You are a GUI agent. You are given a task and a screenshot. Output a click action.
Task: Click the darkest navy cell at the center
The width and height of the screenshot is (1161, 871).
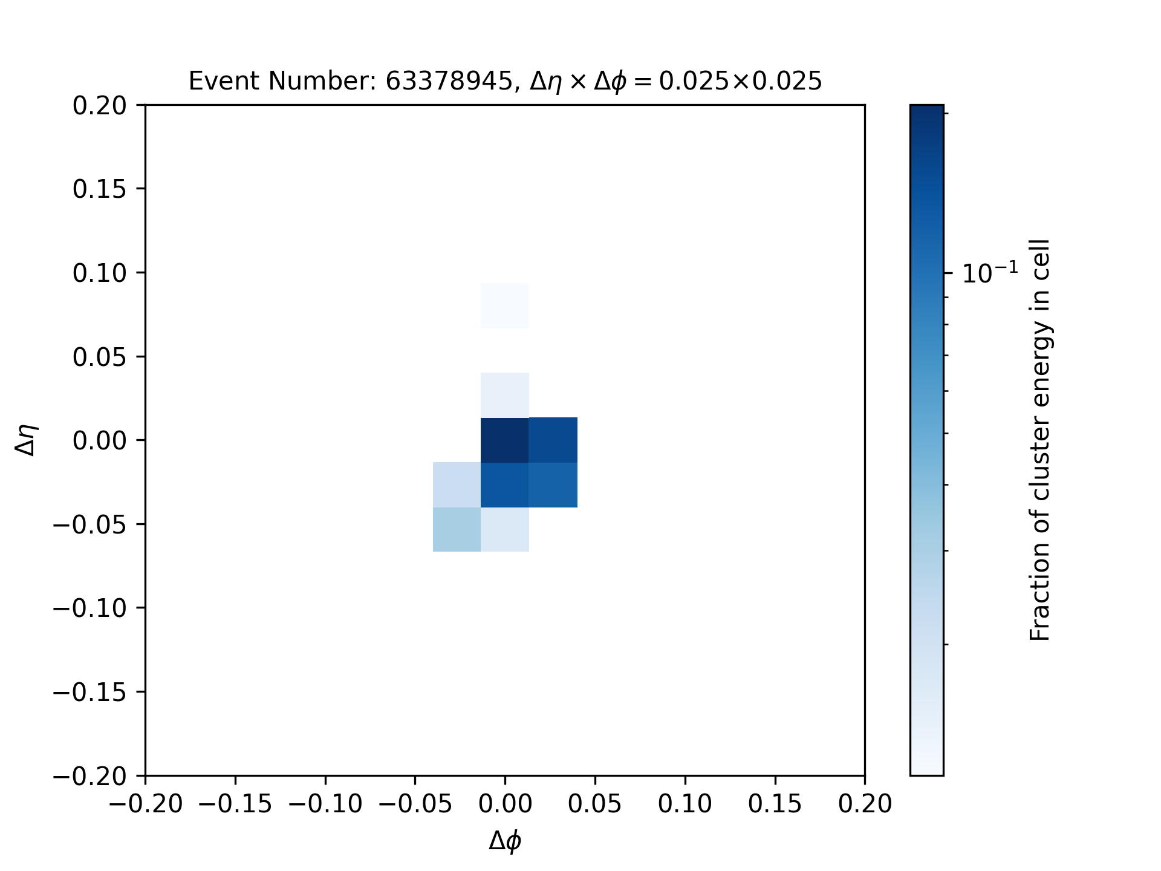505,440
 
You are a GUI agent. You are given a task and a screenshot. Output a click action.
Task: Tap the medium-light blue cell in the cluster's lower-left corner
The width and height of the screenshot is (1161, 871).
457,529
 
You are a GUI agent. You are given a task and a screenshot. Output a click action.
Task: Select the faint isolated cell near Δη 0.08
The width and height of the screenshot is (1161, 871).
505,305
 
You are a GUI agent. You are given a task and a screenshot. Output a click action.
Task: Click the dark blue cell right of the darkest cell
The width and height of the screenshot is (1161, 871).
553,440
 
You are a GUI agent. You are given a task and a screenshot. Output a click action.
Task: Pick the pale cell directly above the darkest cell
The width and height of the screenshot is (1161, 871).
505,395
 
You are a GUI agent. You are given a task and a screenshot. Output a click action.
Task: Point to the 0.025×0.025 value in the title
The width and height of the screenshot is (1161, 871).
740,81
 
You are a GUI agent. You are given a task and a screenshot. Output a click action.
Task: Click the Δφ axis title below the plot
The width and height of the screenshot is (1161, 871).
505,841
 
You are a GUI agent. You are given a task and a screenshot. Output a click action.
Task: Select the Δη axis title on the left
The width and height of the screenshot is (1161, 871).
27,440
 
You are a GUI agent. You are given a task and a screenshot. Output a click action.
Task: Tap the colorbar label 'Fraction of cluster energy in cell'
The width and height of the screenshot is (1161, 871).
1040,440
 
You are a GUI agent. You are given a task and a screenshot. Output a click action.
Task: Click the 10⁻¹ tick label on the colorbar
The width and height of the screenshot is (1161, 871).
990,273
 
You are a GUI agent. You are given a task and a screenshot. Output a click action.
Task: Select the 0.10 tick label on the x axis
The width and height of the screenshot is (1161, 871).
685,804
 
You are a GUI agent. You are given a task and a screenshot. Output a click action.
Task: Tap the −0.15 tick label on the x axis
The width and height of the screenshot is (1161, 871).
235,804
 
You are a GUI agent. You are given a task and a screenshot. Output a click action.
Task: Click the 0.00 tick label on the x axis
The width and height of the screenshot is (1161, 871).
505,804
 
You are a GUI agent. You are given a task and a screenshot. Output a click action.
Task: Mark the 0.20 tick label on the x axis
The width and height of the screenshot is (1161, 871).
865,804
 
